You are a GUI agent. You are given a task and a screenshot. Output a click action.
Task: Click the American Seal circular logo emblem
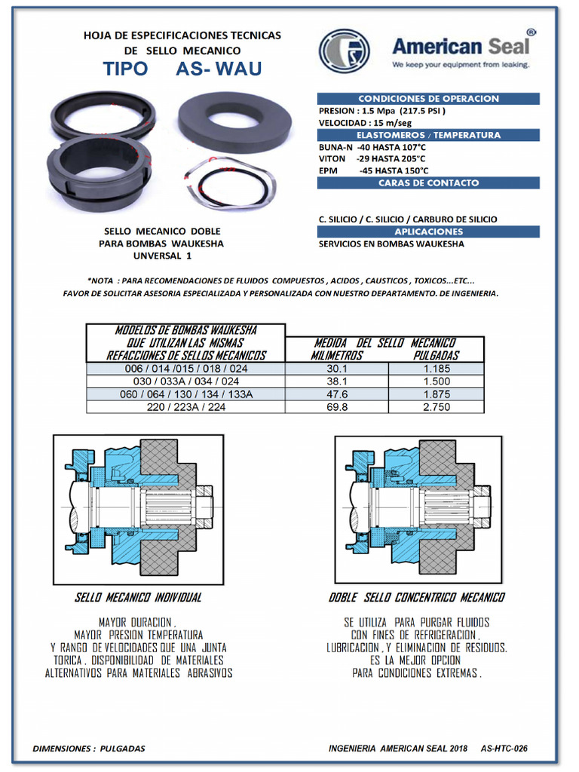click(x=344, y=51)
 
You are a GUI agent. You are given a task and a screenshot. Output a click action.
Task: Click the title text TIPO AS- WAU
click(x=182, y=69)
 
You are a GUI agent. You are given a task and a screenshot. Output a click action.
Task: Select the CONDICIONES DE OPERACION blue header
click(x=428, y=99)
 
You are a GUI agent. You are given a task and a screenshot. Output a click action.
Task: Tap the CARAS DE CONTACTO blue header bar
click(x=428, y=183)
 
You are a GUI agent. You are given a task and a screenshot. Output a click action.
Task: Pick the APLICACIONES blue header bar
click(x=428, y=232)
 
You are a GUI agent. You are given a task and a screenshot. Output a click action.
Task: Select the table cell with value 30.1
click(x=337, y=369)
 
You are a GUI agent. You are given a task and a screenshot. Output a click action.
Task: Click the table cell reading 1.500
click(x=437, y=381)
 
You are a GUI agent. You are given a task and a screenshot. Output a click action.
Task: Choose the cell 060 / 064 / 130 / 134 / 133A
click(x=186, y=394)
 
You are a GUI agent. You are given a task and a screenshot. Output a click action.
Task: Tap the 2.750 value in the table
click(x=437, y=407)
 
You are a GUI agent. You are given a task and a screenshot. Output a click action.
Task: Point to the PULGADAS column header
click(x=437, y=356)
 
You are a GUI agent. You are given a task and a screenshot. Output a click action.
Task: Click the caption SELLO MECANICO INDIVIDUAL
click(x=139, y=598)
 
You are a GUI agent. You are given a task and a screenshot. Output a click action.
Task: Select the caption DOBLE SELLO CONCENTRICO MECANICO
click(x=417, y=598)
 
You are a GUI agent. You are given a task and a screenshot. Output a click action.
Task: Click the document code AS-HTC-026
click(x=504, y=749)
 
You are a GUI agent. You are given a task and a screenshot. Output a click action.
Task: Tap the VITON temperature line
click(x=372, y=159)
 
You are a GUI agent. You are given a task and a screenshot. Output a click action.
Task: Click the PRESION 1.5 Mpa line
click(x=382, y=112)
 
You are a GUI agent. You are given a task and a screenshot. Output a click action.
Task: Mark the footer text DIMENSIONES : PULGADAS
click(x=89, y=749)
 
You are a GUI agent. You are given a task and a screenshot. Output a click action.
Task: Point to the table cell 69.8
click(x=337, y=407)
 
